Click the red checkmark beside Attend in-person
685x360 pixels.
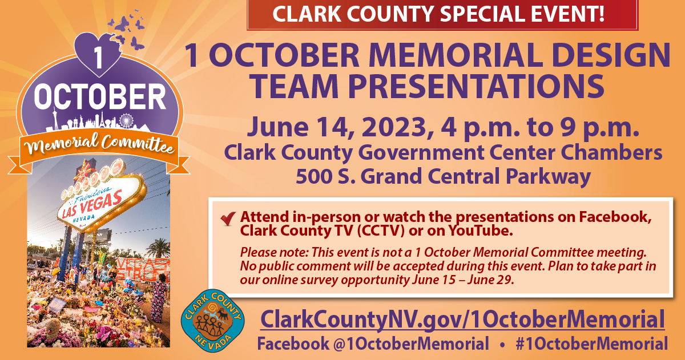pyautogui.click(x=228, y=218)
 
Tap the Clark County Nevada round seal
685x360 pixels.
pyautogui.click(x=212, y=321)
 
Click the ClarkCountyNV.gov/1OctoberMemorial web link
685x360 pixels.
pyautogui.click(x=462, y=320)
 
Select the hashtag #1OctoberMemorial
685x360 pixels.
pyautogui.click(x=592, y=343)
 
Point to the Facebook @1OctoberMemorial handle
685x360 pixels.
pyautogui.click(x=373, y=343)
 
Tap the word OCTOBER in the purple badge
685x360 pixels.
pyautogui.click(x=100, y=97)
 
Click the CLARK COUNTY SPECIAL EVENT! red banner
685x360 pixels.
pyautogui.click(x=442, y=14)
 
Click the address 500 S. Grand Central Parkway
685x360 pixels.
pyautogui.click(x=443, y=176)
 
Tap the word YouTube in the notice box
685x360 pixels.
pyautogui.click(x=481, y=230)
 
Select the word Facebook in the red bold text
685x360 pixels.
pyautogui.click(x=614, y=217)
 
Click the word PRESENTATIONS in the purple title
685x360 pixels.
pyautogui.click(x=476, y=87)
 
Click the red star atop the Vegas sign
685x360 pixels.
pyautogui.click(x=83, y=171)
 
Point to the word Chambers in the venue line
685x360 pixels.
pyautogui.click(x=611, y=152)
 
